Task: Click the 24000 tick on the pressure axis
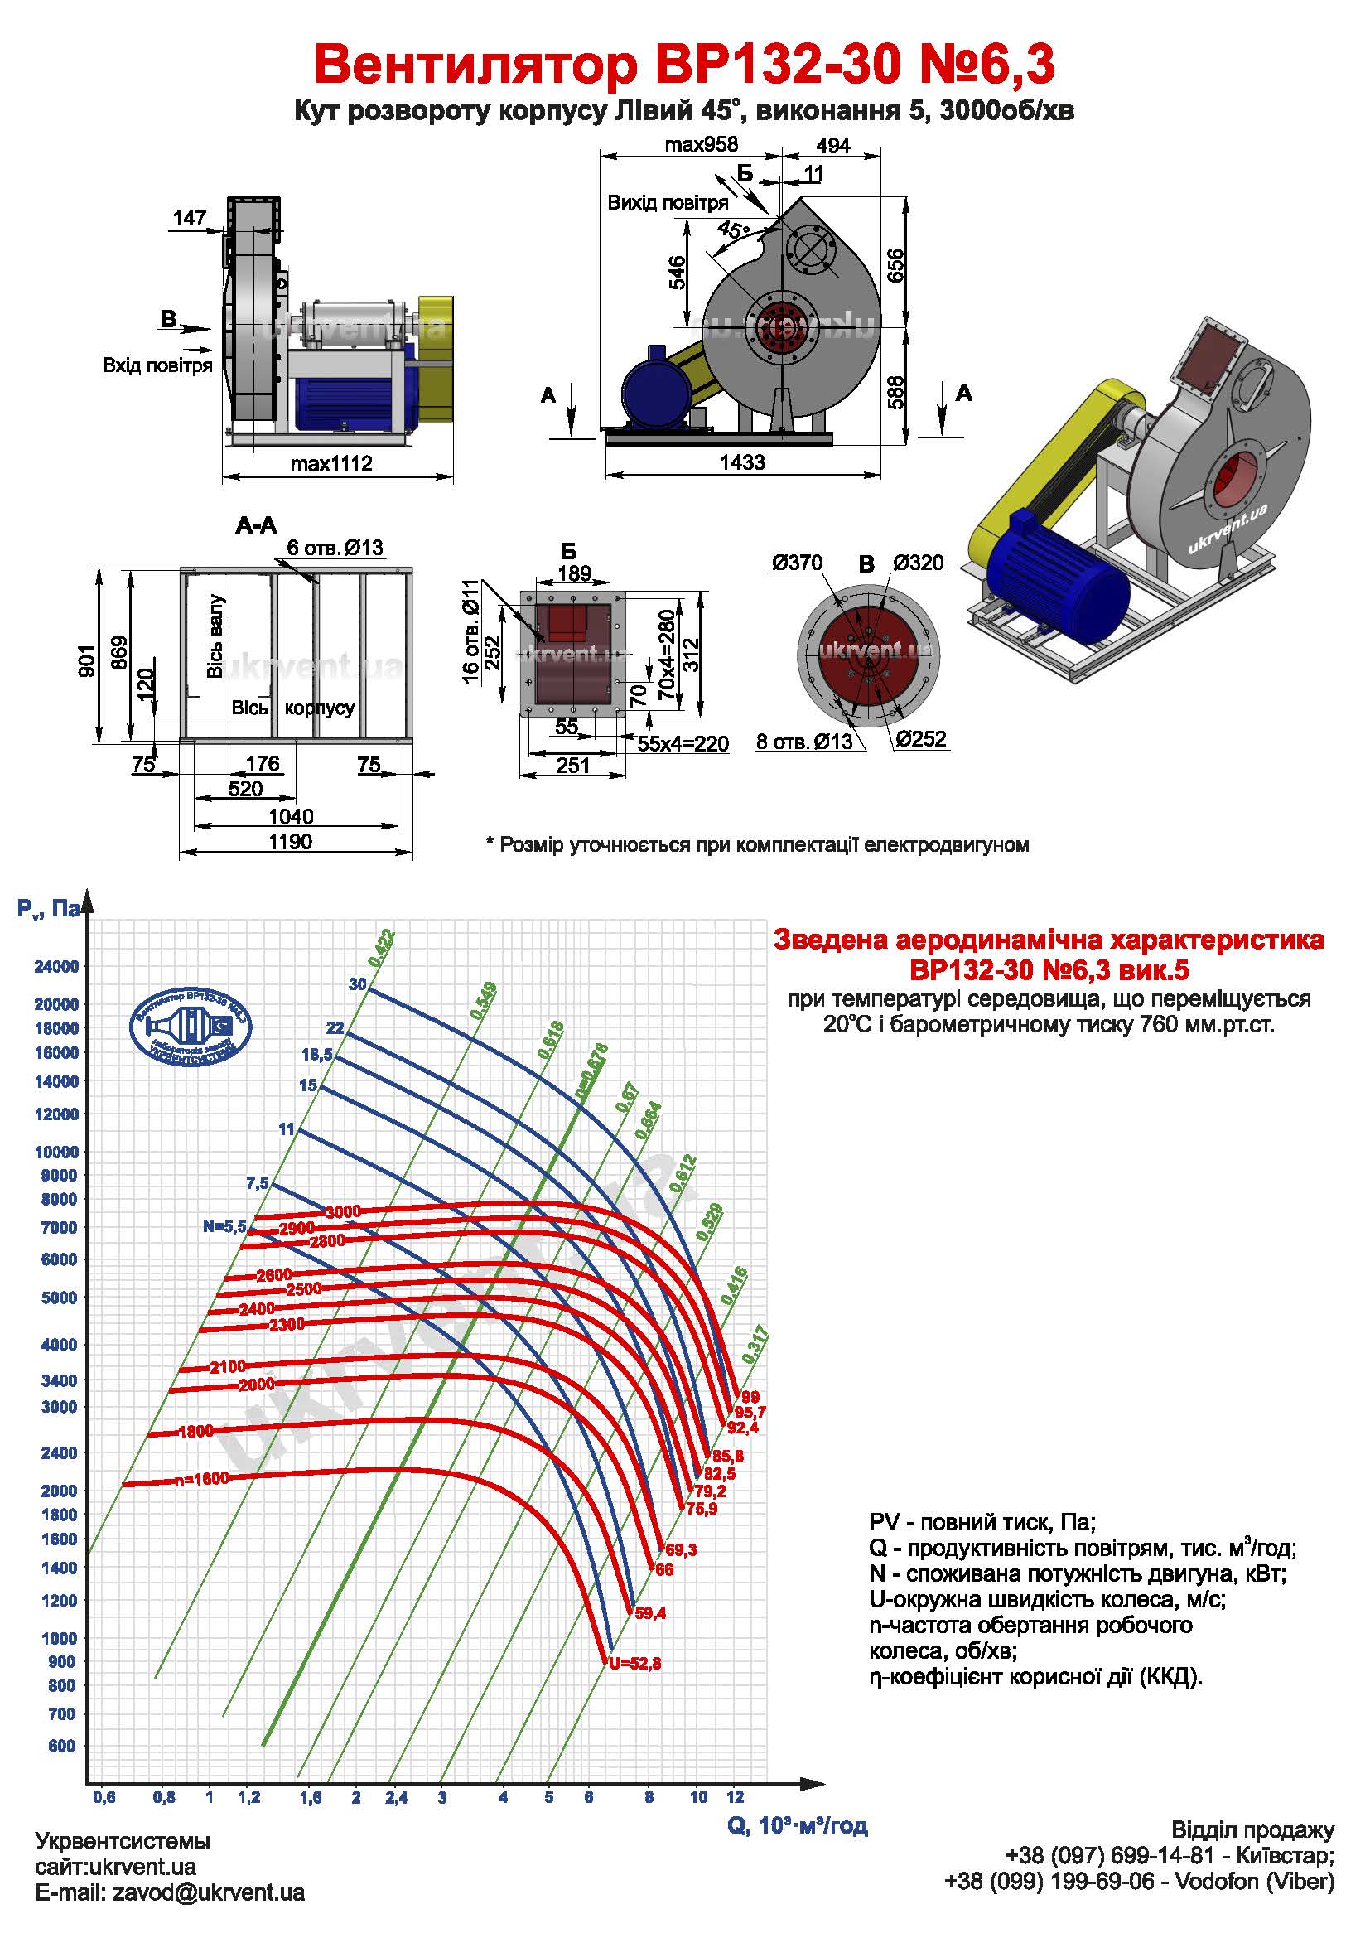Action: [x=55, y=966]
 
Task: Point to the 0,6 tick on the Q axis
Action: [x=104, y=1798]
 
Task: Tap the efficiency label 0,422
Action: [x=381, y=947]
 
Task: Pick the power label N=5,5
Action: [x=224, y=1226]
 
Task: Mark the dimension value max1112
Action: [x=330, y=463]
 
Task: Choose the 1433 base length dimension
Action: [x=741, y=462]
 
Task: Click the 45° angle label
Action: [x=733, y=229]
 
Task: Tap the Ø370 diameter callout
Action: [x=796, y=563]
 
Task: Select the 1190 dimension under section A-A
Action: [x=290, y=842]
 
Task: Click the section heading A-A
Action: [x=256, y=526]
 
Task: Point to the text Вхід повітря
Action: [x=157, y=365]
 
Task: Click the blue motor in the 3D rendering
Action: [x=1059, y=582]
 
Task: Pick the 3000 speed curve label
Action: [x=343, y=1211]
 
